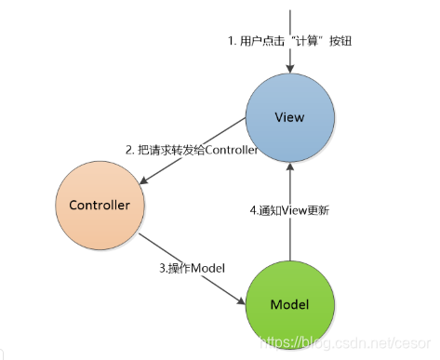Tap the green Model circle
[x=289, y=304]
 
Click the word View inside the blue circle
[x=290, y=118]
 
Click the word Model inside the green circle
[x=289, y=305]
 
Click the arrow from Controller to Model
[x=191, y=269]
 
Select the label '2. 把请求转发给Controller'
[x=192, y=150]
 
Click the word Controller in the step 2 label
[x=226, y=150]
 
